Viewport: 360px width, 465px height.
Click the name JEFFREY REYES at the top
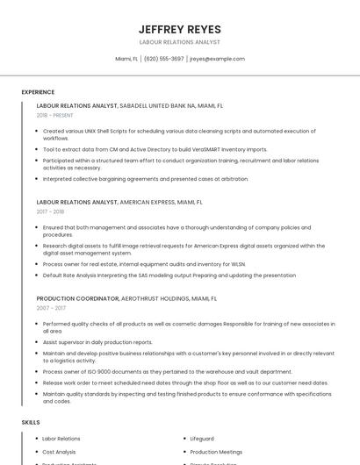[x=180, y=29]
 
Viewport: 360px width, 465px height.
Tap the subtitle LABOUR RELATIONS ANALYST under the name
[x=180, y=42]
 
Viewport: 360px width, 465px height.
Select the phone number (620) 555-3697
[x=164, y=59]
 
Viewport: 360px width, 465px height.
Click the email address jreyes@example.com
[x=217, y=59]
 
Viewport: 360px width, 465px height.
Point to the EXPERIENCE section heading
[x=38, y=92]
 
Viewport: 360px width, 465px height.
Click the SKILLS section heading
[x=31, y=422]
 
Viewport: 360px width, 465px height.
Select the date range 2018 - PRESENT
[x=56, y=115]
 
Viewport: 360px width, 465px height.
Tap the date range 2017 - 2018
[x=50, y=211]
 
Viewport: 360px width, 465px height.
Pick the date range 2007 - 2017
[x=50, y=308]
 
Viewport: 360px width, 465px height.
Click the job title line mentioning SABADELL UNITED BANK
[x=130, y=105]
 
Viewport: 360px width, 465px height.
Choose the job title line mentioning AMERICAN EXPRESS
[x=119, y=202]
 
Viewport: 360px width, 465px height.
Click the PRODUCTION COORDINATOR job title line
[x=126, y=298]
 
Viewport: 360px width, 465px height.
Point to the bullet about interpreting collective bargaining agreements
[x=145, y=179]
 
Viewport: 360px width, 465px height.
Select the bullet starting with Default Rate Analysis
[x=169, y=275]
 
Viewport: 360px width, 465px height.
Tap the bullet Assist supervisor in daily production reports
[x=97, y=342]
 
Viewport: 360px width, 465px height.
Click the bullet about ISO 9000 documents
[x=167, y=371]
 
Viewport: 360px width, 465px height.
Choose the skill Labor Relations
[x=61, y=438]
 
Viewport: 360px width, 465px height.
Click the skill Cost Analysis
[x=60, y=452]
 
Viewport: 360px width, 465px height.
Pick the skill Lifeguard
[x=202, y=438]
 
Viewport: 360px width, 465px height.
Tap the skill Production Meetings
[x=217, y=452]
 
